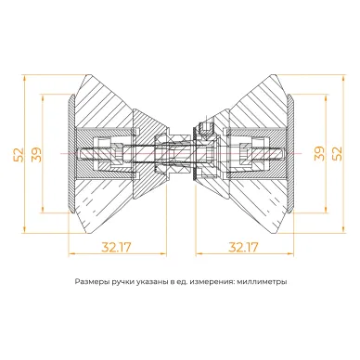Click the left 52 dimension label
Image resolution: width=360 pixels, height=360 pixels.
point(19,155)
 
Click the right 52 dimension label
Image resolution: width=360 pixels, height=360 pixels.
point(337,153)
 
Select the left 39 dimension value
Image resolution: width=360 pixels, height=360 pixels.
point(36,155)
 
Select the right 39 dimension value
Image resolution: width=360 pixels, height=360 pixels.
point(319,153)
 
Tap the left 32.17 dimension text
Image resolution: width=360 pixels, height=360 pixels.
point(116,247)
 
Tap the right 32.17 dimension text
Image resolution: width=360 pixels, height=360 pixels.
point(243,247)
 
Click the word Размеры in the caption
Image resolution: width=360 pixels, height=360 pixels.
point(88,282)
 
